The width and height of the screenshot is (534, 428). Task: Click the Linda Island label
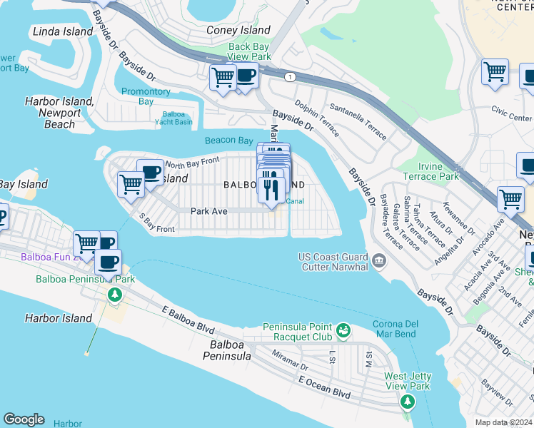coord(63,31)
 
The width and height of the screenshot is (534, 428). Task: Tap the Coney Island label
coord(238,30)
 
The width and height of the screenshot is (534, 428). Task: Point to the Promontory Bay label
coord(146,96)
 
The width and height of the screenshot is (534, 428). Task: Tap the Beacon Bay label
coord(228,141)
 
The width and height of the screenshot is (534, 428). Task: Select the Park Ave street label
coord(208,211)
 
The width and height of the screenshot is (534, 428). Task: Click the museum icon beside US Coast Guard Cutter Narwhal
coord(377,262)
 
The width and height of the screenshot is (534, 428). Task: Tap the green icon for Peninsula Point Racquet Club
coord(343,330)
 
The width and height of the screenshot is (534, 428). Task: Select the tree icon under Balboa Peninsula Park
coord(114,295)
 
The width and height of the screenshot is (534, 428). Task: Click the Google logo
coord(24,419)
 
